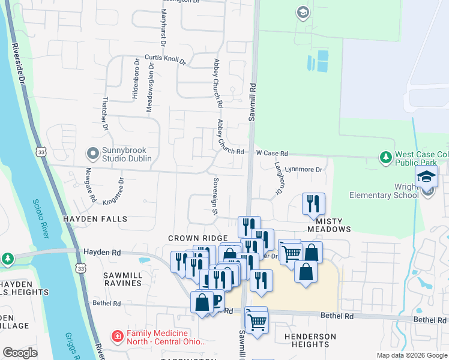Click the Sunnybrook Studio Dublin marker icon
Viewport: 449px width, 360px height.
coord(92,154)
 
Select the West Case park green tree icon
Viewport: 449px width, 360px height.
coord(386,158)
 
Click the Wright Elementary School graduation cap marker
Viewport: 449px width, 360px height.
coord(426,178)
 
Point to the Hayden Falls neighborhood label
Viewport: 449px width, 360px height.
coord(96,220)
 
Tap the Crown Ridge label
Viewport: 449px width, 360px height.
coord(198,238)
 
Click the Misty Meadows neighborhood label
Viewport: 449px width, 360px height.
coord(329,229)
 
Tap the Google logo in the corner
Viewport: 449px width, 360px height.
coord(20,352)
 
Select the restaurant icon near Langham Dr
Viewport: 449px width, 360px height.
coord(312,204)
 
